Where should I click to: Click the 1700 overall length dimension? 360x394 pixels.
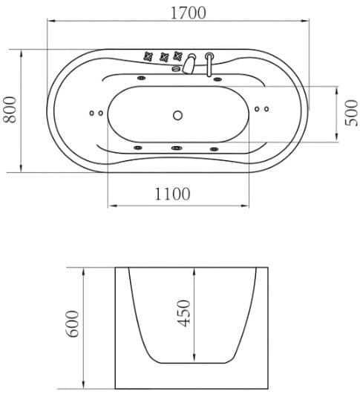pyautogui.click(x=189, y=13)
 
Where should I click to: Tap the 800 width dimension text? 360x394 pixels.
pyautogui.click(x=10, y=110)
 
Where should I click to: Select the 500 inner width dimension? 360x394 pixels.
pyautogui.click(x=351, y=113)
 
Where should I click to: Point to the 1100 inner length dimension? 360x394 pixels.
pyautogui.click(x=172, y=194)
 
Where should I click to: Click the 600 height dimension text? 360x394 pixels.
pyautogui.click(x=72, y=324)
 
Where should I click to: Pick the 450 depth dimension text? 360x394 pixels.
pyautogui.click(x=184, y=313)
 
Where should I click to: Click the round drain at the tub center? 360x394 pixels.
pyautogui.click(x=177, y=115)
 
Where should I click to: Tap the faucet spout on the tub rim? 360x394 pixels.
pyautogui.click(x=189, y=63)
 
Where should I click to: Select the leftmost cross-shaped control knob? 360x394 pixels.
pyautogui.click(x=148, y=56)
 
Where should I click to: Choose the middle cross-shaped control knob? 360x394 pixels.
pyautogui.click(x=165, y=57)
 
